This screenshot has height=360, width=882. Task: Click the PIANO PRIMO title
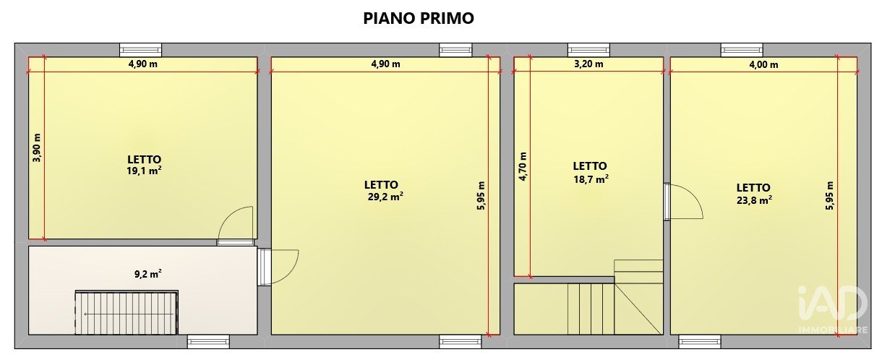pyautogui.click(x=418, y=19)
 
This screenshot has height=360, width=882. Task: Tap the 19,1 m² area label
pyautogui.click(x=144, y=171)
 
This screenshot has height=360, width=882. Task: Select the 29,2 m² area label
pyautogui.click(x=385, y=197)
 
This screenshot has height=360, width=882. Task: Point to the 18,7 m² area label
pyautogui.click(x=591, y=179)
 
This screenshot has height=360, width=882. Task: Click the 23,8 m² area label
pyautogui.click(x=754, y=200)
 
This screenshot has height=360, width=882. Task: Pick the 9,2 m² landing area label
pyautogui.click(x=148, y=274)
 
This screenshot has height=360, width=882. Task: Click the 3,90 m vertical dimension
pyautogui.click(x=37, y=148)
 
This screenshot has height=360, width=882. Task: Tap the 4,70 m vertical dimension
pyautogui.click(x=523, y=166)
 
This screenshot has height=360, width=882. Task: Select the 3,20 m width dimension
pyautogui.click(x=588, y=64)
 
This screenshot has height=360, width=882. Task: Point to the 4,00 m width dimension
pyautogui.click(x=763, y=64)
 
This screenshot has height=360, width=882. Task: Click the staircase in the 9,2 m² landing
pyautogui.click(x=127, y=313)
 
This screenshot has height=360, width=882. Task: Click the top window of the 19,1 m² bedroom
pyautogui.click(x=140, y=50)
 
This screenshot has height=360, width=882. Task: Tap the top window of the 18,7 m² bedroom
pyautogui.click(x=588, y=50)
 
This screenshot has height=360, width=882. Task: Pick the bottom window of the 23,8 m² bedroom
pyautogui.click(x=700, y=341)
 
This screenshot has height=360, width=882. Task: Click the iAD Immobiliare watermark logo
pyautogui.click(x=833, y=309)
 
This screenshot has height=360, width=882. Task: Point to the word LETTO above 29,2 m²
pyautogui.click(x=381, y=185)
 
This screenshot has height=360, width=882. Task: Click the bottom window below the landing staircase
pyautogui.click(x=208, y=341)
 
